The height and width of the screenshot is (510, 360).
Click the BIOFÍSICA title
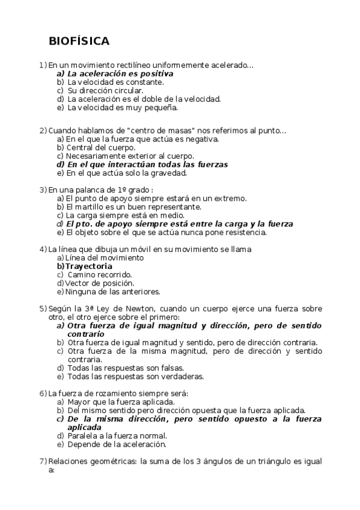pyautogui.click(x=79, y=41)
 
